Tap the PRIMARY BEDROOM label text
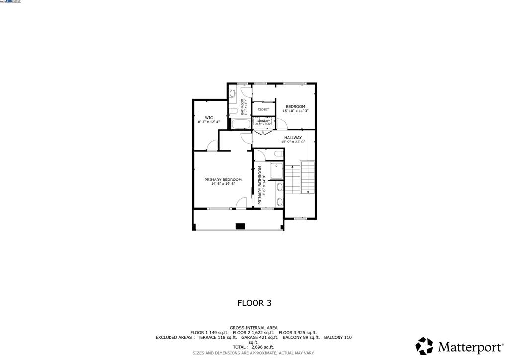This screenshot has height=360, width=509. [223, 180]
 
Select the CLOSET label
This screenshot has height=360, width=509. [263, 109]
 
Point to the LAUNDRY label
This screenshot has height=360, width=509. [263, 121]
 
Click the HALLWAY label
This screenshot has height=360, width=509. [293, 138]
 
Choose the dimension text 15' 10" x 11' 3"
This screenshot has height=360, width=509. [296, 111]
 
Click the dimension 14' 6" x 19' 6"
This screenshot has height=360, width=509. [223, 184]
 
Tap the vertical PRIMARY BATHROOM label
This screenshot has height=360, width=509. [259, 185]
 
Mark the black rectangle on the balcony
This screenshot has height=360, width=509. [240, 226]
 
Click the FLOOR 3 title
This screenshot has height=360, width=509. [254, 302]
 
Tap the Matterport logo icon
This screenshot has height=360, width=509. [424, 346]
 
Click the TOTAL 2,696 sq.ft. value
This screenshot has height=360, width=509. [254, 347]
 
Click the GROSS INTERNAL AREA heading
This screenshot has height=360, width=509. [254, 328]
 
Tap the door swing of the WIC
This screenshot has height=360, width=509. [212, 145]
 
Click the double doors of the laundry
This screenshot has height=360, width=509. [262, 132]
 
